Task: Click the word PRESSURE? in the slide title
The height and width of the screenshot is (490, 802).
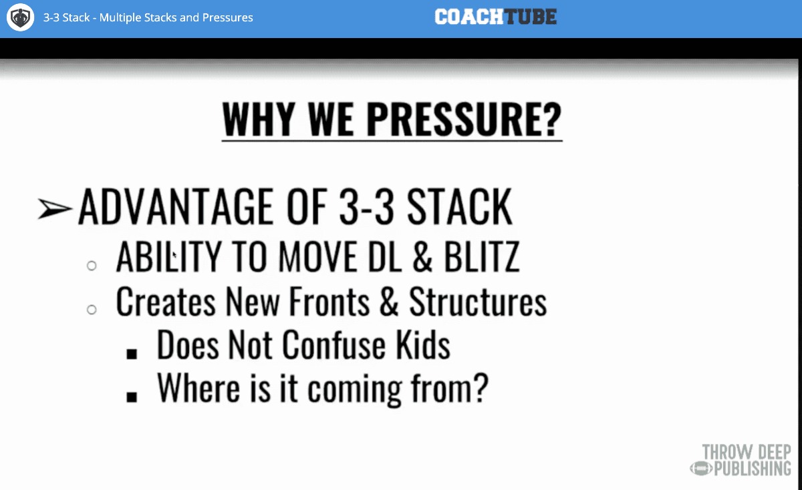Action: (464, 119)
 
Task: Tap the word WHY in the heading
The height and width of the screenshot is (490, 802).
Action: (259, 119)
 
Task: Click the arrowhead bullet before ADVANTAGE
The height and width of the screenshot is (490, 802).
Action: (55, 208)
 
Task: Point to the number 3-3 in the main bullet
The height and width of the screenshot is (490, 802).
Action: (367, 207)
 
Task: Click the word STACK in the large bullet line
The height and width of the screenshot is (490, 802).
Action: (460, 207)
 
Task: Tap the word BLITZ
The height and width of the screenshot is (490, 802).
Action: (482, 256)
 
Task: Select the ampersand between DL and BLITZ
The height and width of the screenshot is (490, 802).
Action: (422, 256)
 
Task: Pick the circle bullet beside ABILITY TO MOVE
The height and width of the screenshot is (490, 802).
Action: (92, 266)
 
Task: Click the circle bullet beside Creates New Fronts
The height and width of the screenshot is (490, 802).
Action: (92, 310)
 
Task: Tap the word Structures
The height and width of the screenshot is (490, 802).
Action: (478, 302)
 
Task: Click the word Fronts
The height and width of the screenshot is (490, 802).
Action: (329, 302)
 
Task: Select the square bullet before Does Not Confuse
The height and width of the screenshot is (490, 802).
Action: (132, 354)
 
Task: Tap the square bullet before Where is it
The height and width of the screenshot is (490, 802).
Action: (132, 397)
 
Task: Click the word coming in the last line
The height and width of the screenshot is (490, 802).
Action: (354, 391)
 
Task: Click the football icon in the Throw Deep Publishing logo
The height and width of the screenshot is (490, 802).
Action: (701, 469)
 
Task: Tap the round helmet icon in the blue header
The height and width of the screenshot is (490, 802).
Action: (21, 17)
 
